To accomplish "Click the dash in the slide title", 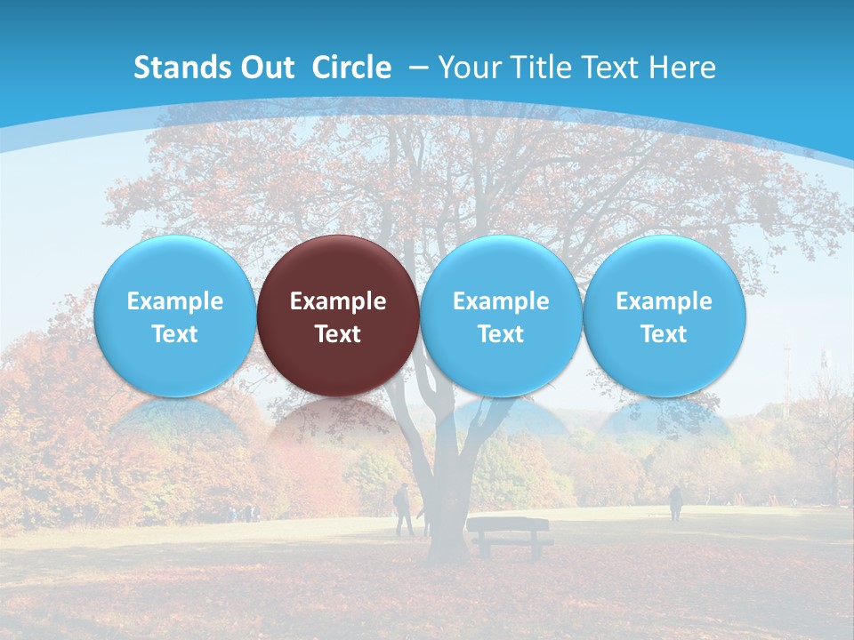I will coord(419,68).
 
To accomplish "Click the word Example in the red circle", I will coord(338,301).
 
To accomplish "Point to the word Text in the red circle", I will coord(338,334).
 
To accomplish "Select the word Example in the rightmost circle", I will coord(664,301).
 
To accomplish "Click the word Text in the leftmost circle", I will coord(174,334).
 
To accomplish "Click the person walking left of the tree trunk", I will coord(403,509).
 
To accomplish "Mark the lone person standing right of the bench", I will coord(676,503).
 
